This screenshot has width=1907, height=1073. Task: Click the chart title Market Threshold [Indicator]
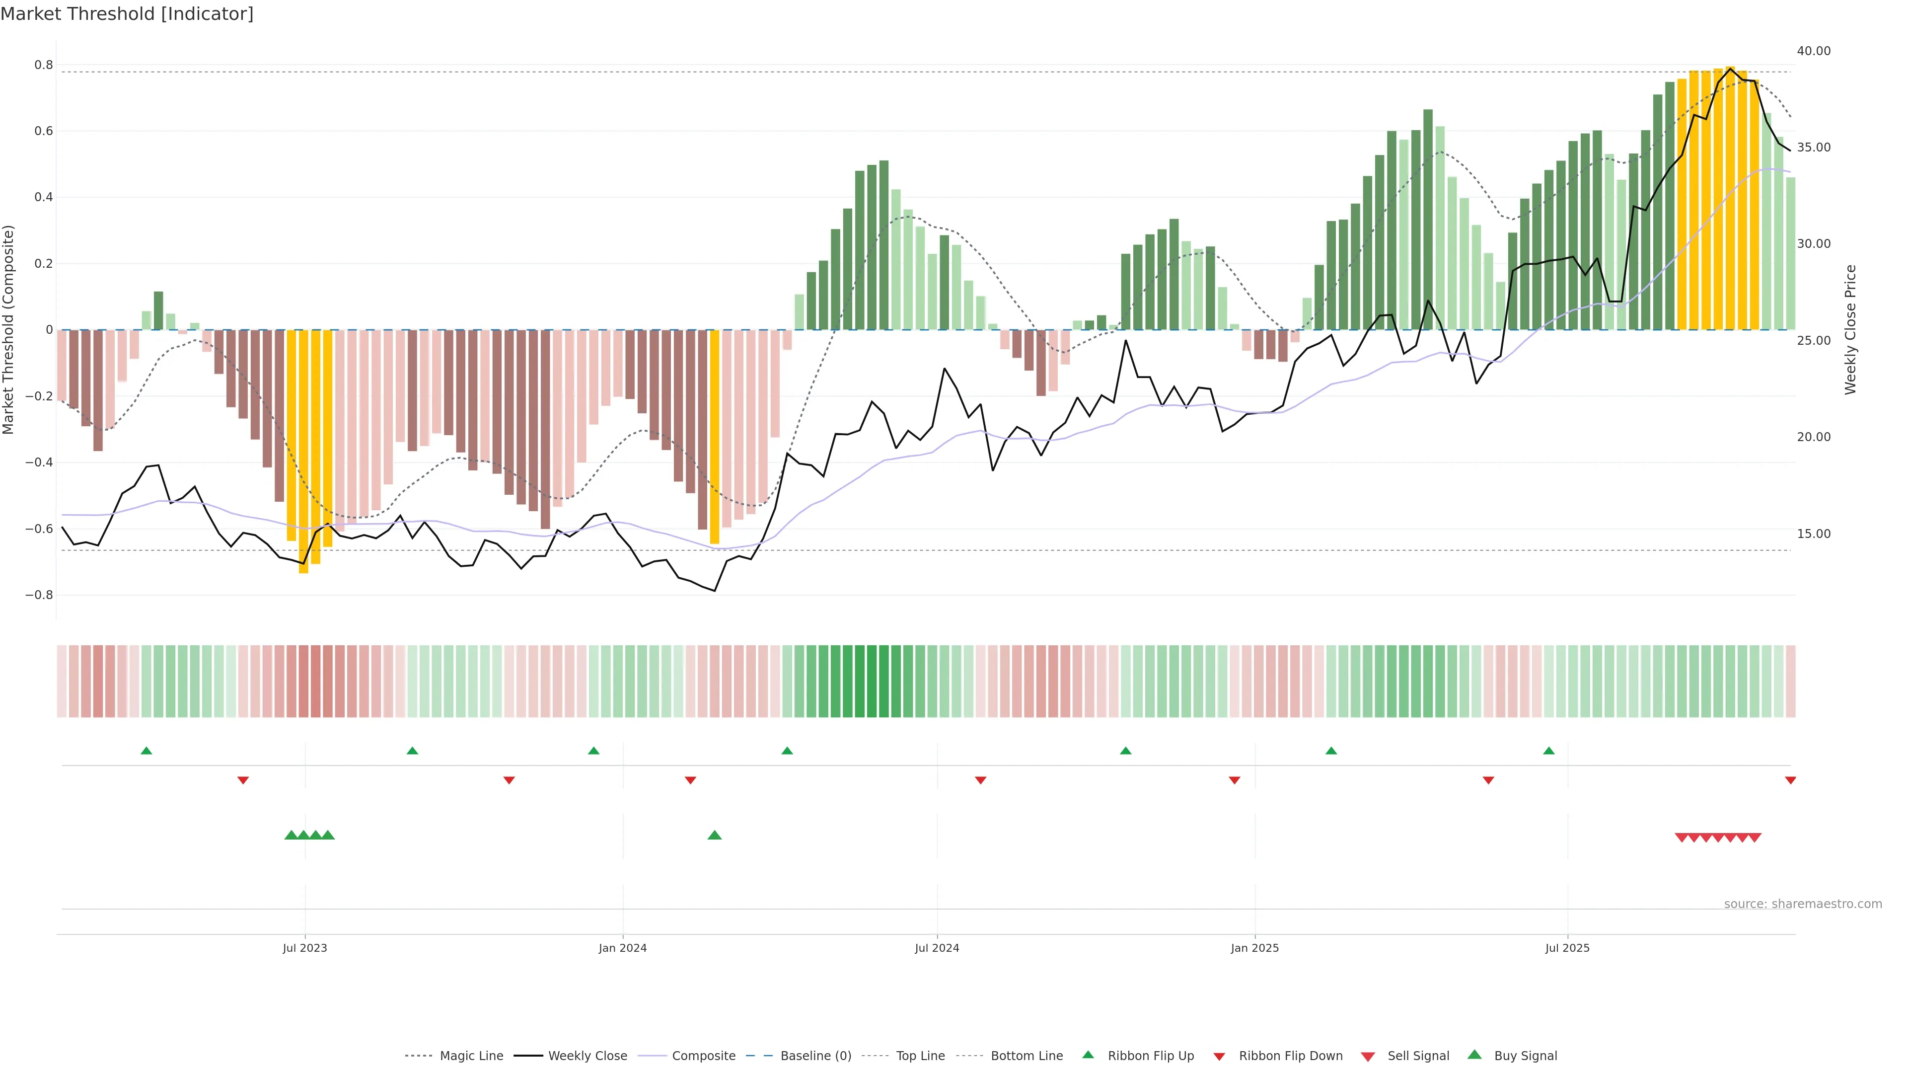127,14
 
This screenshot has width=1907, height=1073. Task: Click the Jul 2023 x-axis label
304,948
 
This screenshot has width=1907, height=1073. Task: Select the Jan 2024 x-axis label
623,948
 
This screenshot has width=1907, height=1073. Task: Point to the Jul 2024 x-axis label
937,948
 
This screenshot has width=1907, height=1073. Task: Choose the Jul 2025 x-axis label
1567,948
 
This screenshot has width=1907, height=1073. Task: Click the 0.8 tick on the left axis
44,65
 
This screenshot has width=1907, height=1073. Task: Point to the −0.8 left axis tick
39,596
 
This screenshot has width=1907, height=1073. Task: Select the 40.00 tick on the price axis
1813,51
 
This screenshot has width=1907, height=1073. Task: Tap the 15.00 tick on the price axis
1813,534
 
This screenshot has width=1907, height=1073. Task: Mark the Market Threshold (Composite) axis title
9,329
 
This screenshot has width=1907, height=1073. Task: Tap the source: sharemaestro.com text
1803,904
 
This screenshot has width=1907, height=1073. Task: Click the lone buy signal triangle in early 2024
715,835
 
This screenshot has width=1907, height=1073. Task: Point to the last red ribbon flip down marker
1790,780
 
